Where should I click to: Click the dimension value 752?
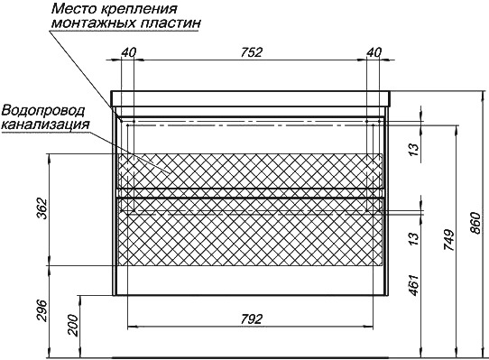point(252,52)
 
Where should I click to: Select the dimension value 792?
point(252,319)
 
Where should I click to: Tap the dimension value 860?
point(476,223)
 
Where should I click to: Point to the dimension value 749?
point(449,240)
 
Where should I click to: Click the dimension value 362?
point(42,208)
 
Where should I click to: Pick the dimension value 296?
point(42,310)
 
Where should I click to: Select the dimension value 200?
point(73,325)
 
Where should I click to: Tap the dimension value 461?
point(413,285)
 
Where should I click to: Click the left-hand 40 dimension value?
point(129,52)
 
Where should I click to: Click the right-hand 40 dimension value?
point(374,52)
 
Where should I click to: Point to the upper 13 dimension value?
point(413,150)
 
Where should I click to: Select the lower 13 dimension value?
point(413,239)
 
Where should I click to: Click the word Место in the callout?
point(74,9)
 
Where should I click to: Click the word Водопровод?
point(43,111)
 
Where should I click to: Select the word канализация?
point(45,125)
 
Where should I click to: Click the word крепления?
point(138,10)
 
